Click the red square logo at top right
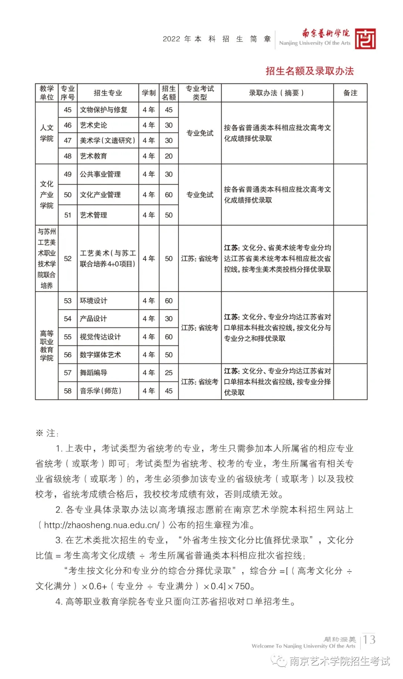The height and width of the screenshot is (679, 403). tap(365, 39)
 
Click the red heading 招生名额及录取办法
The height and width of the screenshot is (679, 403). tap(309, 71)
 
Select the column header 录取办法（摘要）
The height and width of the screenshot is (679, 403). tap(277, 93)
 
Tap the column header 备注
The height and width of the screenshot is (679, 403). tap(350, 93)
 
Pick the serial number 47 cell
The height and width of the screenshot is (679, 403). tap(68, 141)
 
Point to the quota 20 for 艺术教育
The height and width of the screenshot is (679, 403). tap(169, 156)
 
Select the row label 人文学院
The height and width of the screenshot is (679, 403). tap(47, 133)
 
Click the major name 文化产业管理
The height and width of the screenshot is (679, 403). tap(100, 195)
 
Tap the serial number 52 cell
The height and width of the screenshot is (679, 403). tap(68, 259)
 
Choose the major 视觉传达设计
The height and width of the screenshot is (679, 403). tap(100, 337)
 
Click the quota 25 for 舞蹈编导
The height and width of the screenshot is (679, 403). tap(169, 373)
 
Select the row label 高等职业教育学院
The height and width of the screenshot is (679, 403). tap(47, 346)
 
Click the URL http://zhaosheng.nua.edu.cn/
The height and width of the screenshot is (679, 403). tap(101, 525)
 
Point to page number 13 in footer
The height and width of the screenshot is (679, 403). tap(369, 639)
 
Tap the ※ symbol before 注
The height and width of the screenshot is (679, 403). tap(39, 433)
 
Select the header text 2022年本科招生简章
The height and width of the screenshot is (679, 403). tap(217, 39)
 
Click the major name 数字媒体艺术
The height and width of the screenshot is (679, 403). tap(100, 355)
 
